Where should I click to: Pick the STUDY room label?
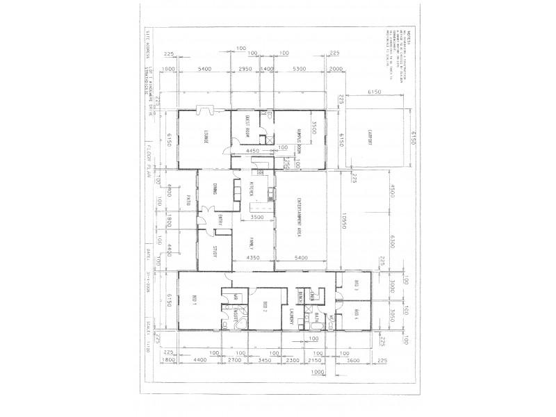[x=216, y=252]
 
